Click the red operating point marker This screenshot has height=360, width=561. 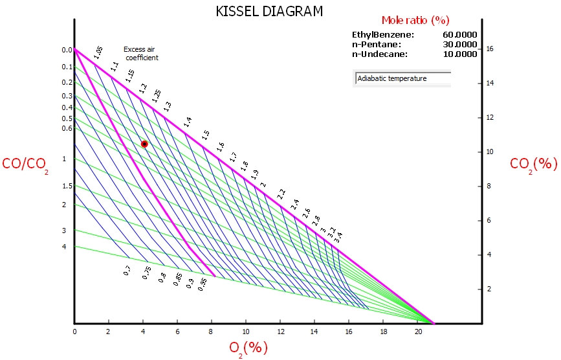(144, 144)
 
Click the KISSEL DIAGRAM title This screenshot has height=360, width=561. (269, 11)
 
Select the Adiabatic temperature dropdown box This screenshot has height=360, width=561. (402, 79)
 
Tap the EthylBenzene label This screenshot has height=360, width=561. (382, 35)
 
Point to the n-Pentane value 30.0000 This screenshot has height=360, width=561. (459, 45)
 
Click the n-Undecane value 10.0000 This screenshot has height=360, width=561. (459, 54)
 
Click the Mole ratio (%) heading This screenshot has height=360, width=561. (415, 20)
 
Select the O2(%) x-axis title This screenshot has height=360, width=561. (248, 348)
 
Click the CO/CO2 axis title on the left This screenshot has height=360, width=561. (25, 165)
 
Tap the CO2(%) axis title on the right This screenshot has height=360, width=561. (533, 164)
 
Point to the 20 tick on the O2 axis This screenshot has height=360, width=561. (418, 332)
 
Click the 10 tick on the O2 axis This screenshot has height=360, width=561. (246, 332)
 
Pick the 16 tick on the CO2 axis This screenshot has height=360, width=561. (490, 49)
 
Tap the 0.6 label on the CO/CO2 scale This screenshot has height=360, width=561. (67, 128)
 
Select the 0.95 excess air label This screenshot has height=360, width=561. (203, 283)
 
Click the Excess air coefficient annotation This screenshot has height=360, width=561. (140, 53)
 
